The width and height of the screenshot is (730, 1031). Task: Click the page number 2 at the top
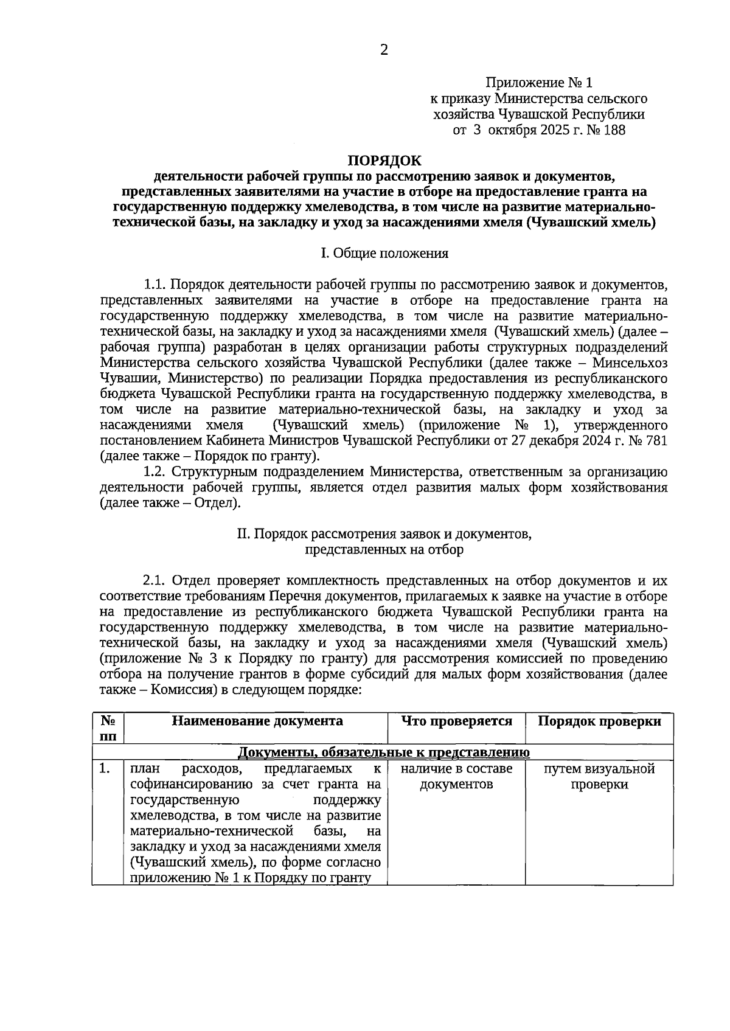point(384,50)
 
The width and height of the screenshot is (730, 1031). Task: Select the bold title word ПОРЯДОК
point(384,161)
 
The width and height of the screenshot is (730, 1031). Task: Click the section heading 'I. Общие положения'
point(384,253)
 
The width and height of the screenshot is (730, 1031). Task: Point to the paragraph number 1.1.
point(155,285)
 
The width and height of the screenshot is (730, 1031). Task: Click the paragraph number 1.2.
point(155,471)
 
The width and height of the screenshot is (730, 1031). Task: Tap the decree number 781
point(656,440)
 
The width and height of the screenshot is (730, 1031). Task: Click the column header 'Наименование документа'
point(257,721)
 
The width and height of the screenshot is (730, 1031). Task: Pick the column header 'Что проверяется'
point(456,721)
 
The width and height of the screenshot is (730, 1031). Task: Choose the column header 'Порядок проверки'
point(599,721)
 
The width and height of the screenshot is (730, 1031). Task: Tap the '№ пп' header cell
point(108,728)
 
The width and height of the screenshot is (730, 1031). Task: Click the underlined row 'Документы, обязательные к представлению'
point(383,752)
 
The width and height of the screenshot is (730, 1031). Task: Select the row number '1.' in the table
point(105,769)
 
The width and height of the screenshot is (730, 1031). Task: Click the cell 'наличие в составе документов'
point(456,777)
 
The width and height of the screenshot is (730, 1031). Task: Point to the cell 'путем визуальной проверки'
point(599,777)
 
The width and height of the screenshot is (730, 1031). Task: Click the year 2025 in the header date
point(553,130)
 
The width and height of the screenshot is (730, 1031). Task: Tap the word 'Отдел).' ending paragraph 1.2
point(217,503)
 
